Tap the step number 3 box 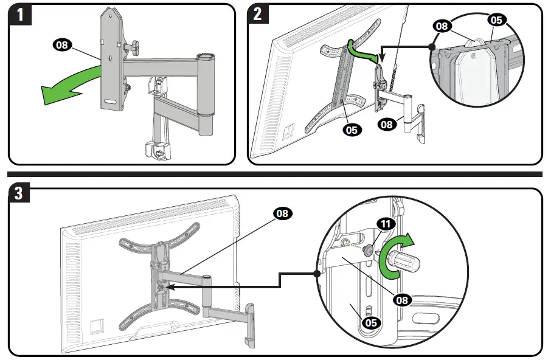click(20, 195)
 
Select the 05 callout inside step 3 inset click(370, 322)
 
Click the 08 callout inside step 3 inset click(403, 299)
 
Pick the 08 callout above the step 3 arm click(282, 213)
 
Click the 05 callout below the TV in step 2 click(352, 129)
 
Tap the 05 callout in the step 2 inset click(496, 20)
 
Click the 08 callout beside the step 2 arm click(386, 124)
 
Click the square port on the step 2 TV click(288, 130)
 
